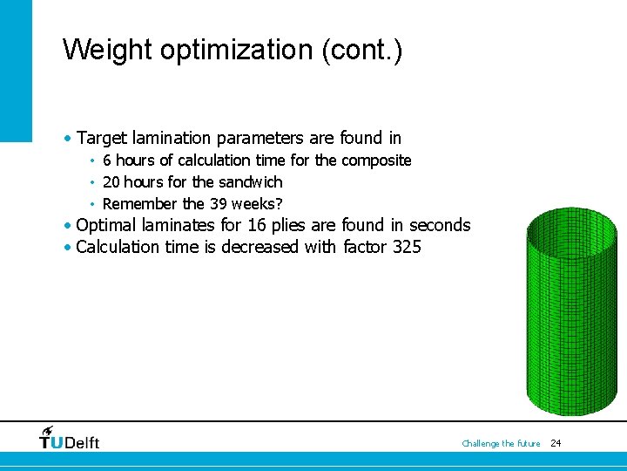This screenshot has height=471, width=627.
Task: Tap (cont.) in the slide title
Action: (x=361, y=49)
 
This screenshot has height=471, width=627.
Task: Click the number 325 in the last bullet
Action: (x=407, y=247)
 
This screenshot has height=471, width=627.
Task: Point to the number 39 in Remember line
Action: (x=218, y=203)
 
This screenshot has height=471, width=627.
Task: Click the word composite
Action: (x=376, y=160)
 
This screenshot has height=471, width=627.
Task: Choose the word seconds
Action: (x=440, y=225)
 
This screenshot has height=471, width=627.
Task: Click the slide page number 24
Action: (x=556, y=443)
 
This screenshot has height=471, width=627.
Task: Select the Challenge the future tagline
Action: (x=501, y=443)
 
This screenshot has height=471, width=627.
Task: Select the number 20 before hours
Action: (x=111, y=181)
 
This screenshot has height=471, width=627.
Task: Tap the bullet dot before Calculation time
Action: (x=68, y=248)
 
